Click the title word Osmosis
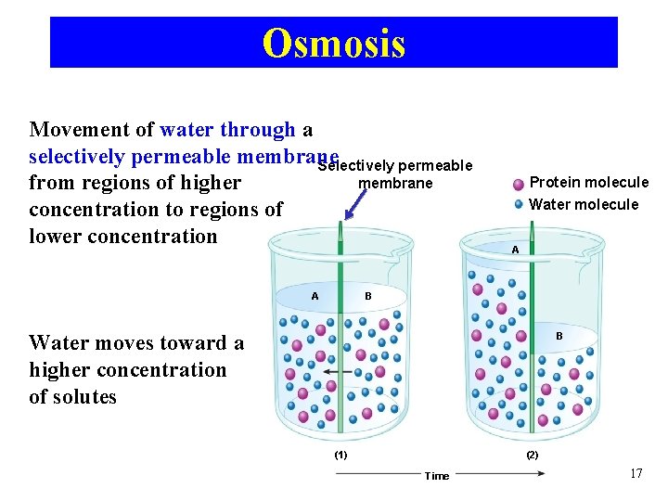pyautogui.click(x=334, y=43)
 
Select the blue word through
pyautogui.click(x=263, y=130)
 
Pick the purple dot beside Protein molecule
pyautogui.click(x=519, y=183)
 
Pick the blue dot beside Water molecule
pyautogui.click(x=519, y=204)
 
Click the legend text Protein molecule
pyautogui.click(x=588, y=183)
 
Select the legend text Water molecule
pyautogui.click(x=584, y=204)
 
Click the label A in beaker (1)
pyautogui.click(x=315, y=296)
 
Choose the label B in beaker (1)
pyautogui.click(x=368, y=296)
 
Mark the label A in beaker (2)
pyautogui.click(x=515, y=250)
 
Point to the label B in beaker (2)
pyautogui.click(x=559, y=335)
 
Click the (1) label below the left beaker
pyautogui.click(x=340, y=455)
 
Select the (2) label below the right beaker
pyautogui.click(x=532, y=455)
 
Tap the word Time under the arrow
pyautogui.click(x=436, y=476)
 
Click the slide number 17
pyautogui.click(x=636, y=474)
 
